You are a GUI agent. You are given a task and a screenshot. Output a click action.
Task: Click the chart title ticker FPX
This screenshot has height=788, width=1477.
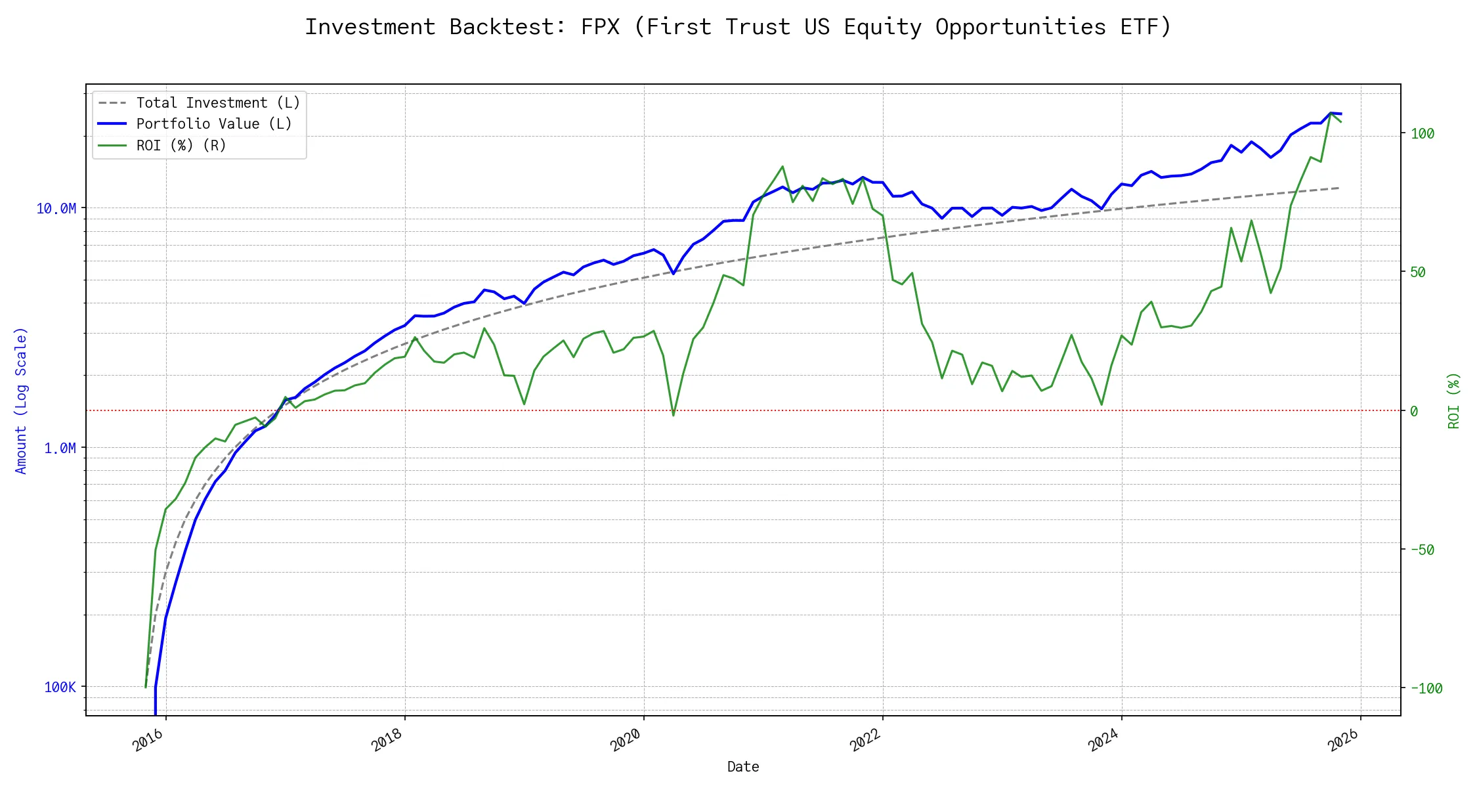click(x=600, y=27)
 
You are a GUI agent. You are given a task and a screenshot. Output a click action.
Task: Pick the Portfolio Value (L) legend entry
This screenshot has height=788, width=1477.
click(x=195, y=123)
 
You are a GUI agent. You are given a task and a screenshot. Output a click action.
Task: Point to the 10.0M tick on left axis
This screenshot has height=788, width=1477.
click(x=56, y=209)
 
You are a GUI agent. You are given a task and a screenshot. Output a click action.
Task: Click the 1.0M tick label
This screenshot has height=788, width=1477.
click(x=60, y=448)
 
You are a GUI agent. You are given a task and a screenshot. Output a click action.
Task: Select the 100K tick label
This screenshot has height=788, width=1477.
click(x=60, y=687)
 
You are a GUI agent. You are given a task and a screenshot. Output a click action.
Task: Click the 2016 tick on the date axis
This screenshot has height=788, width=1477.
click(x=148, y=740)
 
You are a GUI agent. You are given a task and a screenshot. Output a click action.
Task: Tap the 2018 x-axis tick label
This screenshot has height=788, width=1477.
click(x=387, y=740)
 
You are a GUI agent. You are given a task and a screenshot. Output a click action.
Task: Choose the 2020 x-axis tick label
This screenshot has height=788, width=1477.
click(x=626, y=740)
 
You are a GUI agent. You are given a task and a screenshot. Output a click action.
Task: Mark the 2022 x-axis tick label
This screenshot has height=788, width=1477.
click(x=865, y=740)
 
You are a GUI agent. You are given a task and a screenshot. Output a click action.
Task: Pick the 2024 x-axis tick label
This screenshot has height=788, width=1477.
click(x=1103, y=740)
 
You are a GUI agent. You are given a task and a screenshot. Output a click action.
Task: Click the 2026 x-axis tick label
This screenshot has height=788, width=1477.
click(x=1343, y=740)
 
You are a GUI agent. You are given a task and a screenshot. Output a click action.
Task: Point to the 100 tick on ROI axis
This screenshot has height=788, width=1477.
click(x=1423, y=133)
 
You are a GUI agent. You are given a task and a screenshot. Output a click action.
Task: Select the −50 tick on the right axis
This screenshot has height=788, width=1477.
click(x=1423, y=550)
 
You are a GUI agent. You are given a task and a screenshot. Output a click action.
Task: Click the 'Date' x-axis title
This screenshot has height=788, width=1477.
click(x=743, y=766)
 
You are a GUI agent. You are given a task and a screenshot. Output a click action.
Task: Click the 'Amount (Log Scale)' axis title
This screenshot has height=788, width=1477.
click(x=21, y=401)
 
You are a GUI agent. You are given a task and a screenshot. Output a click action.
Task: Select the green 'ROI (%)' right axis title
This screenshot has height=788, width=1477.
click(x=1454, y=401)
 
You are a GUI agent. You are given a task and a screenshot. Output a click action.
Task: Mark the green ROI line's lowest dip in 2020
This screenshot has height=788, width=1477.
click(x=674, y=416)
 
